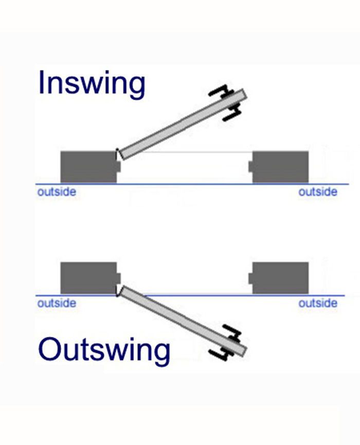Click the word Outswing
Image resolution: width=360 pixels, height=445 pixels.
click(x=104, y=350)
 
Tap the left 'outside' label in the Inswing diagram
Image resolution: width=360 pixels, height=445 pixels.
click(x=57, y=192)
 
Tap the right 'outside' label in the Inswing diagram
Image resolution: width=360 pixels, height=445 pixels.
click(x=318, y=192)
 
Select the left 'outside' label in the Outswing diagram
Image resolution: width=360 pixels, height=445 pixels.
click(x=57, y=303)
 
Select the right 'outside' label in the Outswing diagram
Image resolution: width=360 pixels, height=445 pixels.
click(x=318, y=303)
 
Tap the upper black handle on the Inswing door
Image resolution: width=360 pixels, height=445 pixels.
click(x=220, y=92)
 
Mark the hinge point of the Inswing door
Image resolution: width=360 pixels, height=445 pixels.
click(x=118, y=152)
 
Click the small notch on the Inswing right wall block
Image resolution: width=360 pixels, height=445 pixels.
click(x=250, y=166)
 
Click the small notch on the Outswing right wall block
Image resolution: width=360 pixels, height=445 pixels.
click(x=250, y=278)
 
